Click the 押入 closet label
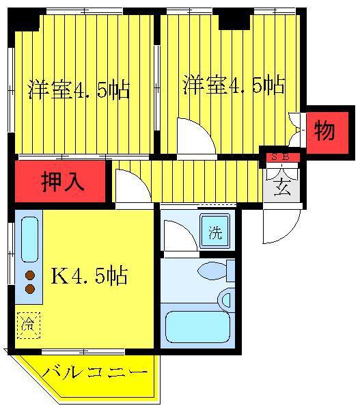(x=62, y=182)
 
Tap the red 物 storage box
(x=327, y=133)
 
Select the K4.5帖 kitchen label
(x=89, y=275)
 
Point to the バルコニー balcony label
(x=95, y=372)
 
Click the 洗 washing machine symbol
(x=215, y=231)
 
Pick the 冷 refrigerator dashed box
(x=29, y=325)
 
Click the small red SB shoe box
(x=283, y=157)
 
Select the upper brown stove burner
(x=30, y=275)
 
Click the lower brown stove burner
(x=30, y=288)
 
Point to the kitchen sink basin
(x=29, y=239)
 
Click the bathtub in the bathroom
(x=198, y=327)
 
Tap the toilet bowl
(x=212, y=271)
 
